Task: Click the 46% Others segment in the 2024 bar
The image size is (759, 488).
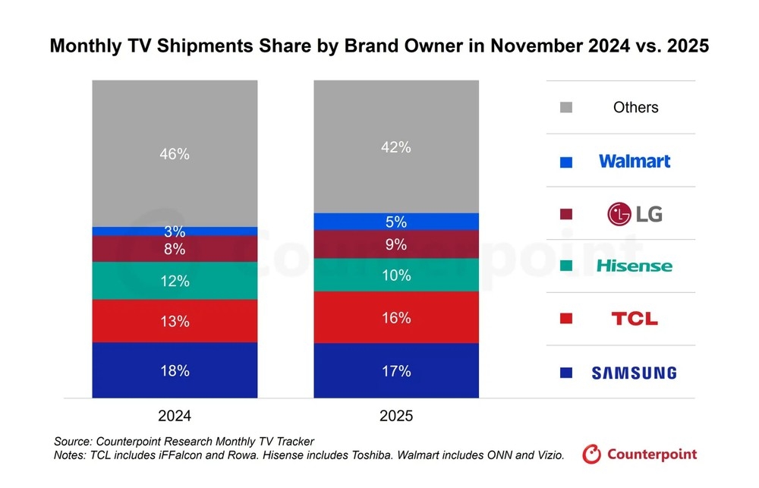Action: click(175, 154)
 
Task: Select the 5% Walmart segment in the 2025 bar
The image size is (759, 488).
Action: click(396, 222)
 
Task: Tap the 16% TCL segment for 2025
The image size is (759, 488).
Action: click(396, 318)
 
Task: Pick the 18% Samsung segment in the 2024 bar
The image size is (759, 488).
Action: click(175, 370)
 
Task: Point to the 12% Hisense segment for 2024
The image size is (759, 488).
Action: click(175, 281)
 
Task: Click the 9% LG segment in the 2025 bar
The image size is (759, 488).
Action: click(396, 244)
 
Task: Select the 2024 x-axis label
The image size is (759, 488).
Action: click(175, 416)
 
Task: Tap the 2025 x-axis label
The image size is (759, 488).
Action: click(396, 416)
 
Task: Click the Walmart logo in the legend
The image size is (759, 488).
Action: click(635, 161)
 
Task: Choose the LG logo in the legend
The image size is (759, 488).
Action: click(635, 214)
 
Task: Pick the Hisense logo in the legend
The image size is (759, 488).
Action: click(635, 266)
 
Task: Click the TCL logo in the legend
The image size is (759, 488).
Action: click(635, 319)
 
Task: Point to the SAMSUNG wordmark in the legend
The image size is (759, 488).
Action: click(634, 373)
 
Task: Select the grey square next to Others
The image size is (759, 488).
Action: click(565, 108)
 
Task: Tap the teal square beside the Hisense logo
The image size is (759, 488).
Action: click(565, 266)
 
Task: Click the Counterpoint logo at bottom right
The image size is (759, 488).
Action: click(640, 455)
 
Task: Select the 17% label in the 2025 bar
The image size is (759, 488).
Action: click(396, 371)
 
